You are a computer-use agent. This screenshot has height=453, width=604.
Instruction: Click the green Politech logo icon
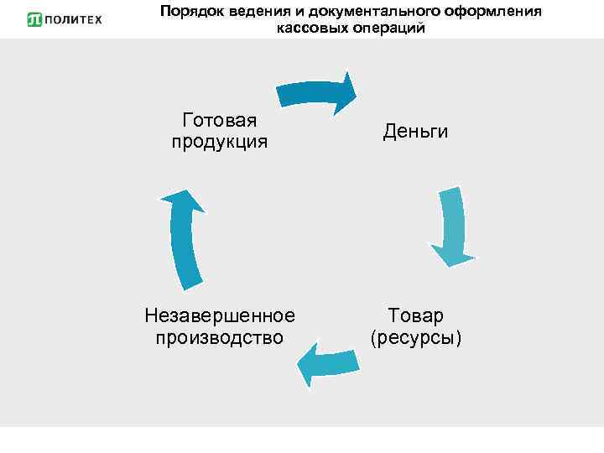(x=34, y=19)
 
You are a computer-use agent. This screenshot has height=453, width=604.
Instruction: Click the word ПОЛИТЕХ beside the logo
(x=72, y=19)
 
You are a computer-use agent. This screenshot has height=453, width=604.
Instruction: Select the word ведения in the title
(x=254, y=12)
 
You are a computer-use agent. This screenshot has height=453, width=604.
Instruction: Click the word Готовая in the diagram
(x=220, y=121)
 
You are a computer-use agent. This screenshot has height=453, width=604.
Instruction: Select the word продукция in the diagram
(x=220, y=142)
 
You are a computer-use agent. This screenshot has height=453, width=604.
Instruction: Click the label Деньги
(x=415, y=132)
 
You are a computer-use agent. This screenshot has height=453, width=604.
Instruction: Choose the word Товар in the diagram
(x=416, y=315)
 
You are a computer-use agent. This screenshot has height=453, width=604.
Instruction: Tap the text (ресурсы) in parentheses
(x=416, y=337)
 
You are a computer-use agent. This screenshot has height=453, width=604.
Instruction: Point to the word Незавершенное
(x=220, y=315)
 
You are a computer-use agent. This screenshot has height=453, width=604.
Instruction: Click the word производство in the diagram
(x=220, y=337)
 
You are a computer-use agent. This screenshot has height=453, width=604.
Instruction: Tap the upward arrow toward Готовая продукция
(x=184, y=237)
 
